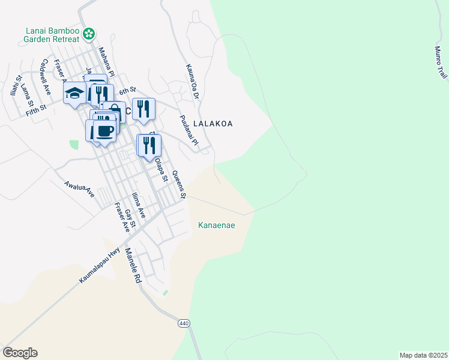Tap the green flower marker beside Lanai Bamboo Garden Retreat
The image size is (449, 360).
point(89,34)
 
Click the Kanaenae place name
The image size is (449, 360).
point(216,226)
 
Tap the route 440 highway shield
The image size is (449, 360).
point(184,323)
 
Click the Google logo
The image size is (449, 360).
point(20,353)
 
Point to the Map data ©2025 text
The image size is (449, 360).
point(423,355)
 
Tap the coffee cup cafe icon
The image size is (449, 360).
point(104,131)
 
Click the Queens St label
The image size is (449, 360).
point(179,185)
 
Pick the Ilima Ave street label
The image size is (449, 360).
point(138,206)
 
